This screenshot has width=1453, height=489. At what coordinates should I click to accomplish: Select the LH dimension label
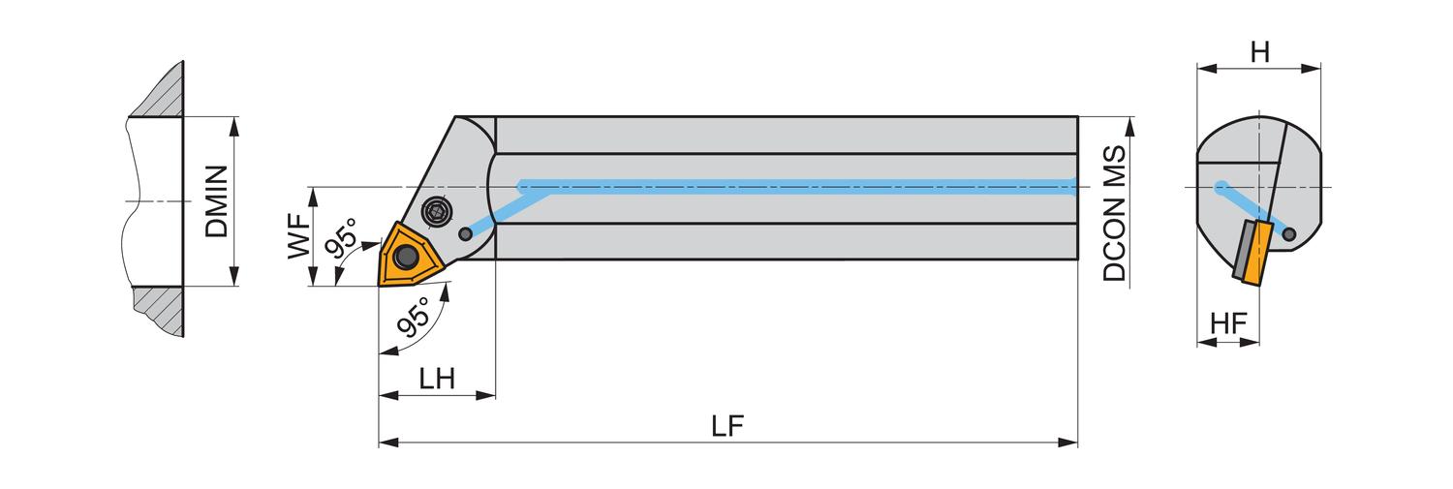tap(437, 379)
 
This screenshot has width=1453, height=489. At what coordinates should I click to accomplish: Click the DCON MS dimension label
tap(1115, 214)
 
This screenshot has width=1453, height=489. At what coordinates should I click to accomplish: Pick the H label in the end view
tap(1259, 52)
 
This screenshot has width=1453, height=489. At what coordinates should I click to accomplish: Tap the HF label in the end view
tap(1228, 324)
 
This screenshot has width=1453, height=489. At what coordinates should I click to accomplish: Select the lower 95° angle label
tap(414, 318)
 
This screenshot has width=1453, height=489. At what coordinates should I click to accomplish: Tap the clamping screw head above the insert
tap(438, 211)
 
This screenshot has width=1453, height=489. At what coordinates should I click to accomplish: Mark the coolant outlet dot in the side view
tap(466, 233)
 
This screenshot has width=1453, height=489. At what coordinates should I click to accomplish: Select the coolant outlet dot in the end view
tap(1288, 232)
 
